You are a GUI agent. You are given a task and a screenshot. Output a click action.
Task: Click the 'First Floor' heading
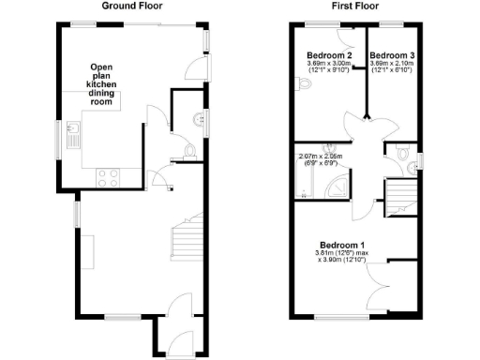pyautogui.click(x=355, y=6)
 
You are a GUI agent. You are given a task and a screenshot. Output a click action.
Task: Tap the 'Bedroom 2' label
pyautogui.click(x=327, y=56)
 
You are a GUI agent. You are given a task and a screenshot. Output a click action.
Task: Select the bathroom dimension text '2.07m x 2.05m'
pyautogui.click(x=317, y=157)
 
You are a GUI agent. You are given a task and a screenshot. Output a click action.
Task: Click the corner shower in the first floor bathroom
pyautogui.click(x=337, y=187)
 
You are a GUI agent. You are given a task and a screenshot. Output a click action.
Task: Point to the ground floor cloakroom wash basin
pyautogui.click(x=196, y=119)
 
